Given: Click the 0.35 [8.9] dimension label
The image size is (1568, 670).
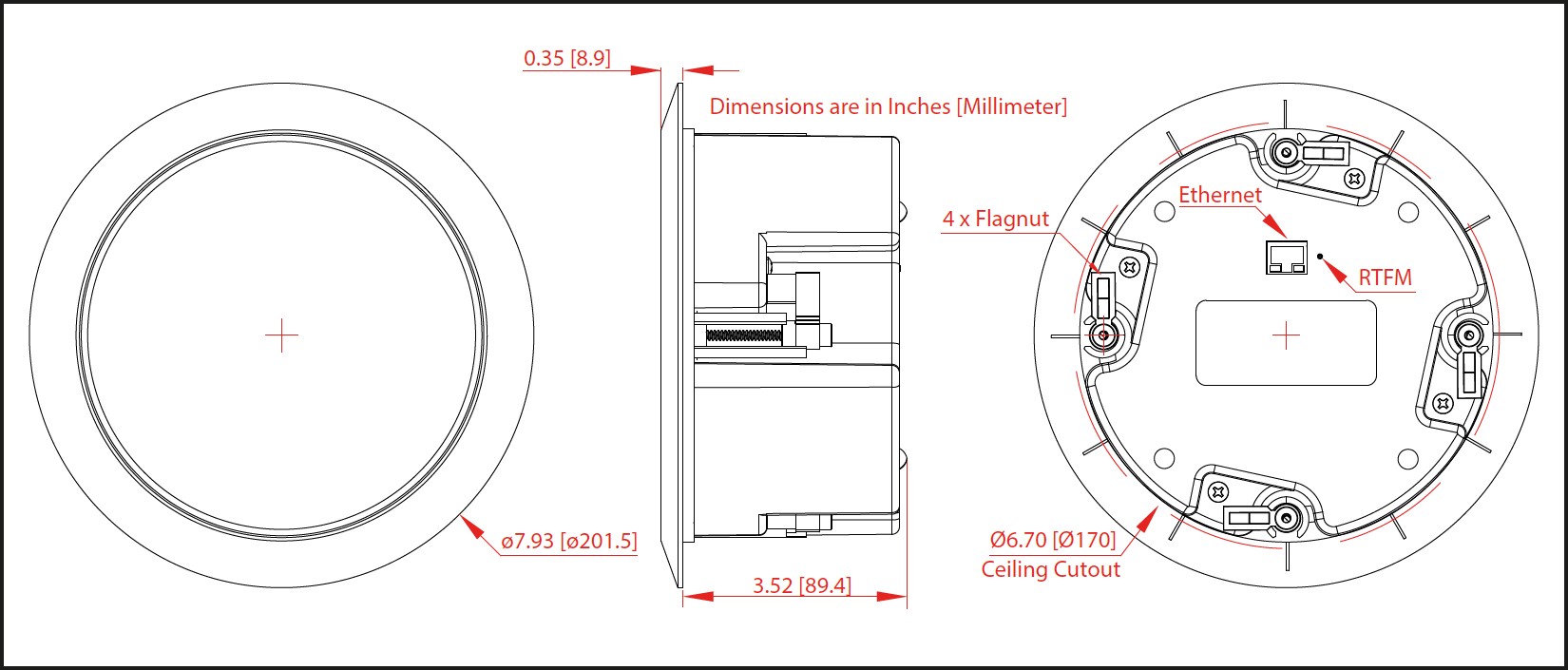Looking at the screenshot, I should pos(566,58).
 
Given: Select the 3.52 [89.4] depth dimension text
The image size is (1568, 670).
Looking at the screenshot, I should pos(801,585).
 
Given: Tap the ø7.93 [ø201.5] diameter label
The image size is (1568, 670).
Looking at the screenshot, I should pos(568,542).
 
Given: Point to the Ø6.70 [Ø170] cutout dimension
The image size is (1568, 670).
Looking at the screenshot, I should pos(1052,540).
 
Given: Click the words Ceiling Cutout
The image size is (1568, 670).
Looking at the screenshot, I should pos(1050,569).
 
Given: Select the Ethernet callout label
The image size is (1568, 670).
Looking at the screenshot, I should pos(1219,195).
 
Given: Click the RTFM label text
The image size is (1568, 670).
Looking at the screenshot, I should pos(1384,278).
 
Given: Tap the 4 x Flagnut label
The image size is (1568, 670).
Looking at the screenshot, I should pos(995,219).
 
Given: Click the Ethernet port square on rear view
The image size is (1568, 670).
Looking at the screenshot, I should pos(1286,258).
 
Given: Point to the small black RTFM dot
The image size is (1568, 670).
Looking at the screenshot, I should pos(1320,256).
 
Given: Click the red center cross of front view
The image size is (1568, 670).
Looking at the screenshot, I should pos(281,335).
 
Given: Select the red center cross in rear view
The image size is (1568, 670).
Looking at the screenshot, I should pos(1286,335).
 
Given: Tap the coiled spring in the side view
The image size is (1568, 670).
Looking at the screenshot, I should pos(743,335).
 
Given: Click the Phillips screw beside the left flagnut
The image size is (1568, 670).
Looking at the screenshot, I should pos(1130,268).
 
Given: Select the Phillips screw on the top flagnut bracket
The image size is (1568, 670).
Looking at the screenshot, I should pos(1355,178).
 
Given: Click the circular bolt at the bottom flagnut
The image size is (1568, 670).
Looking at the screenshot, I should pos(1287,518).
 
